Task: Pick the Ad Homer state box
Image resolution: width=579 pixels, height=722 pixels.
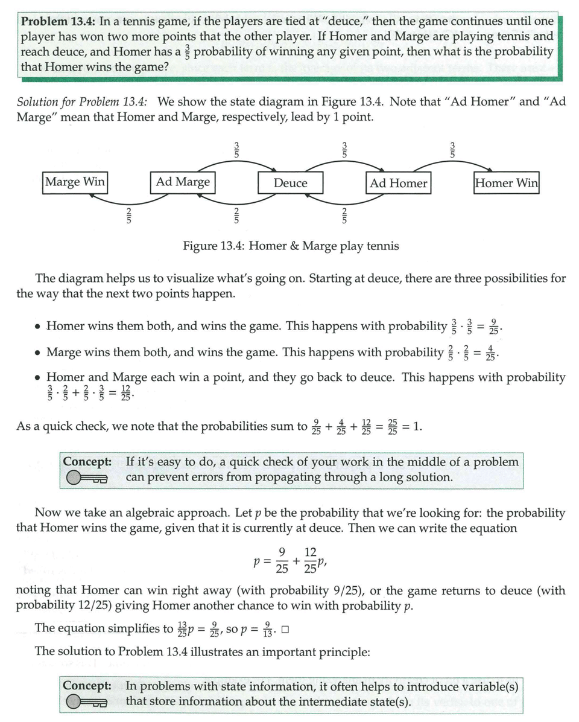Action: pyautogui.click(x=398, y=184)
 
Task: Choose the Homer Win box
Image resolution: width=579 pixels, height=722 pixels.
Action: pyautogui.click(x=507, y=183)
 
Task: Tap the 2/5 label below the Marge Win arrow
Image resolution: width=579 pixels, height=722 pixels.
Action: pyautogui.click(x=128, y=215)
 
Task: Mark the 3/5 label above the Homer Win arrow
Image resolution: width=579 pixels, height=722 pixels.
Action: pyautogui.click(x=452, y=149)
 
